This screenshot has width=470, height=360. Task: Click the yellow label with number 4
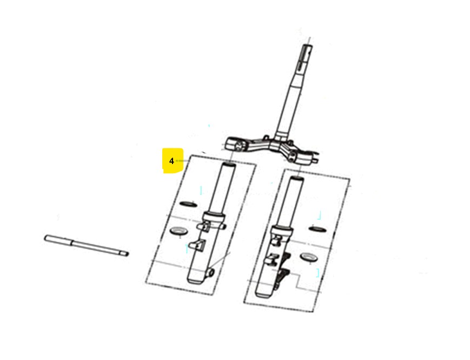click(x=173, y=161)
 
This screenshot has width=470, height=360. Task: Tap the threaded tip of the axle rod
click(x=126, y=254)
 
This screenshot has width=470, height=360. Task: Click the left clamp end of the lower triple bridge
click(x=236, y=145)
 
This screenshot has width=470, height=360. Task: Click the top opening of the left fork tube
click(x=228, y=165)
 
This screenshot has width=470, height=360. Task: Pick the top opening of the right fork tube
click(x=296, y=179)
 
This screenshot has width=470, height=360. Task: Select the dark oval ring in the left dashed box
click(x=188, y=204)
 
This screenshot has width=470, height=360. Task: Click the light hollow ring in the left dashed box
click(x=178, y=231)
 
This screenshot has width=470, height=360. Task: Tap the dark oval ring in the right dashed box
click(x=317, y=229)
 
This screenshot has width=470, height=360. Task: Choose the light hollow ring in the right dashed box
click(x=309, y=257)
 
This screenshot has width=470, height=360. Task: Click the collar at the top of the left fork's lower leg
click(x=214, y=218)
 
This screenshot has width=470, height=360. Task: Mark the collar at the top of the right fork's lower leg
click(x=282, y=231)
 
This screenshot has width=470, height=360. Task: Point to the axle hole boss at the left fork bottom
click(x=211, y=272)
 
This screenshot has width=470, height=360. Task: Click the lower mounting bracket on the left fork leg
click(x=197, y=245)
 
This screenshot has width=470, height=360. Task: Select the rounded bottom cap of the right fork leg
click(x=263, y=294)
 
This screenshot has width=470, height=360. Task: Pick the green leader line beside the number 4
click(x=182, y=161)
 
